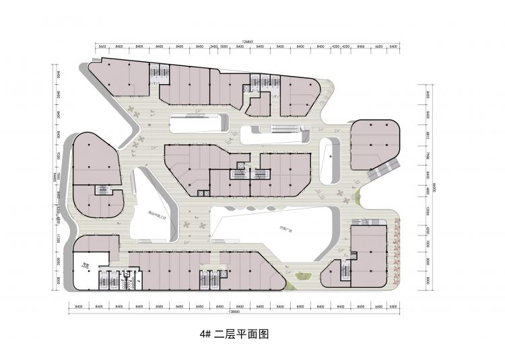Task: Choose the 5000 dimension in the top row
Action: (x=225, y=47)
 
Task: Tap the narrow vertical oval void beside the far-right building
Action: (x=329, y=160)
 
